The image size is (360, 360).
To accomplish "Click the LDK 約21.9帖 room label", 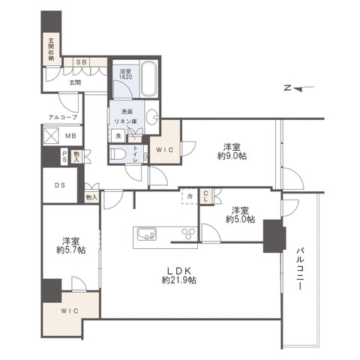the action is click(x=178, y=275).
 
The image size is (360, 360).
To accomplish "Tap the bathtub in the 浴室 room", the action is click(x=149, y=79).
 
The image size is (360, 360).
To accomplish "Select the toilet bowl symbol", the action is click(x=118, y=154).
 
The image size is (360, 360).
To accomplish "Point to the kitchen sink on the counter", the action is click(x=147, y=234).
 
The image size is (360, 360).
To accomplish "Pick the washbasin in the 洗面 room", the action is click(x=152, y=117).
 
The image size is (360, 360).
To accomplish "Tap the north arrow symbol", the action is click(x=299, y=88).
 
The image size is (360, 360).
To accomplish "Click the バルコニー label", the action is click(x=300, y=268).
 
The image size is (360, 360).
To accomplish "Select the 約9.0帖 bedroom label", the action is click(x=232, y=151).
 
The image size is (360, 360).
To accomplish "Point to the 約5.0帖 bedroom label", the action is click(x=240, y=214).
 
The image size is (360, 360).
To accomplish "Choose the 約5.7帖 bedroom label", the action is click(x=71, y=245).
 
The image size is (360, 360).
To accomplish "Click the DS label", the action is click(x=60, y=185).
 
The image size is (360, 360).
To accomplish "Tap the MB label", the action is click(x=70, y=136).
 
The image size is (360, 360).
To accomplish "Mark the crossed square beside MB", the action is click(x=51, y=136).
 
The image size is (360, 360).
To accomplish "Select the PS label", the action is click(x=64, y=156).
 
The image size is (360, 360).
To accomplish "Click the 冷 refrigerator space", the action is click(x=190, y=196).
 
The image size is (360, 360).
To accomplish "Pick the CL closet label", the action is click(x=206, y=196).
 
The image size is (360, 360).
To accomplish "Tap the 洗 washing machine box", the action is click(x=118, y=136).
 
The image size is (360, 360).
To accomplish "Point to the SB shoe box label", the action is click(x=82, y=62).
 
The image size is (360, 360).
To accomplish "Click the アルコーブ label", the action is click(x=63, y=117).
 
